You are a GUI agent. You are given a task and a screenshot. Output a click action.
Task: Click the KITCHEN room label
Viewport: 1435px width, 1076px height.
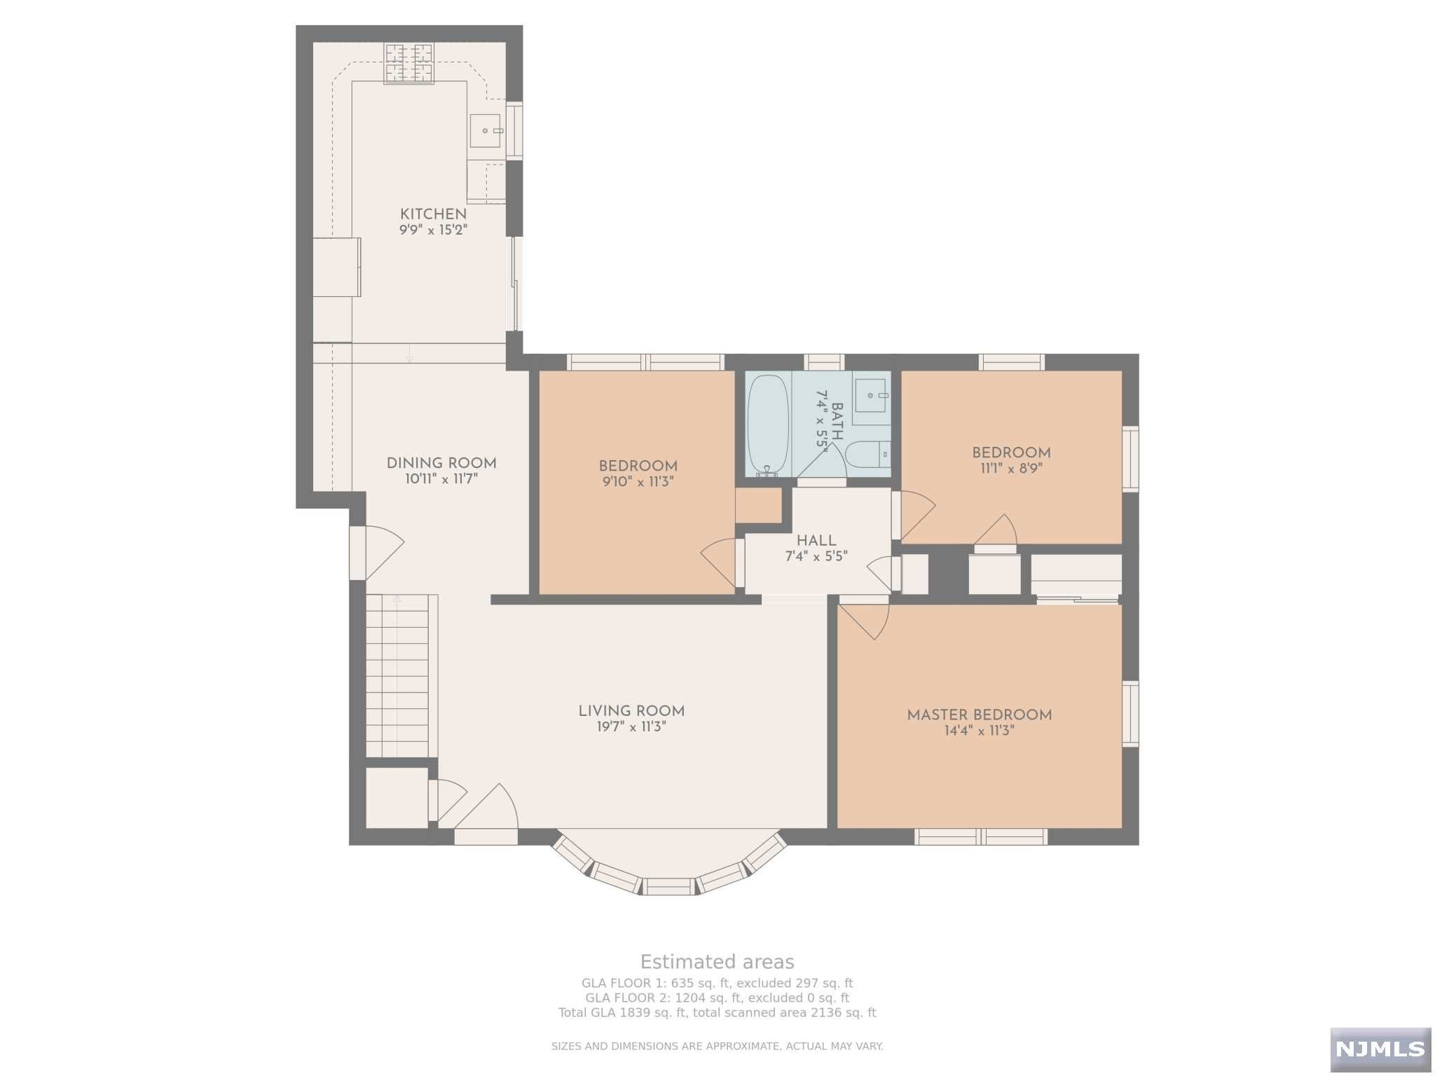coord(433,214)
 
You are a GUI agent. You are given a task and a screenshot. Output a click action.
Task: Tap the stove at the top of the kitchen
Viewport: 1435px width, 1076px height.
coord(408,64)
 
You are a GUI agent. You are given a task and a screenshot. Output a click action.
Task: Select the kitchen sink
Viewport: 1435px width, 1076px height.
coord(485,131)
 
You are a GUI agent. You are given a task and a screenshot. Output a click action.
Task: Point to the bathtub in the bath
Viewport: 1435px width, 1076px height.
coord(768,425)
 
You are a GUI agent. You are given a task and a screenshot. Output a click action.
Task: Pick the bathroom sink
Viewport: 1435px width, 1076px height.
coord(871,396)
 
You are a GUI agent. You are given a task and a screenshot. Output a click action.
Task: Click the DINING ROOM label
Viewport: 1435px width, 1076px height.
coord(441,463)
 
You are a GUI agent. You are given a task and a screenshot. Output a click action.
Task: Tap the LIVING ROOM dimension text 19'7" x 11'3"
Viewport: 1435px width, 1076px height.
coord(631,727)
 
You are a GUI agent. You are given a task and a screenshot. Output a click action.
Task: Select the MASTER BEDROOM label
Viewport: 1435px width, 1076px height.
coord(980,715)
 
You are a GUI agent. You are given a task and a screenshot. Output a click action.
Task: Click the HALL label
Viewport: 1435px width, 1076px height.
coord(816,541)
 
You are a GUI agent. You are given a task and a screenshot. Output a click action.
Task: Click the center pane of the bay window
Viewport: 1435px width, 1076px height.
coord(669,886)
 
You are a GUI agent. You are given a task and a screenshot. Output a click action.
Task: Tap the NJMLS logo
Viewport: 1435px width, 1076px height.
coord(1380,1049)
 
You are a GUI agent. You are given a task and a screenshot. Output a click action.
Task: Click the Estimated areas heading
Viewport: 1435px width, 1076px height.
coord(717,962)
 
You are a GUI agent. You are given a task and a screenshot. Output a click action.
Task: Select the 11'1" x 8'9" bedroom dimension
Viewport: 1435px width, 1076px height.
coord(1011,469)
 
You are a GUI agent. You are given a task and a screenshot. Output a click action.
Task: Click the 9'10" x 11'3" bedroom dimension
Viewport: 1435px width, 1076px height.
coord(638,482)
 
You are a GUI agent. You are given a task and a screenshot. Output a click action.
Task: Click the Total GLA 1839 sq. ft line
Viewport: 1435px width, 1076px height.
coord(717,1013)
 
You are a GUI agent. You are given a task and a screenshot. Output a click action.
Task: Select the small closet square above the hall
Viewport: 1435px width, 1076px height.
coord(759,505)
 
